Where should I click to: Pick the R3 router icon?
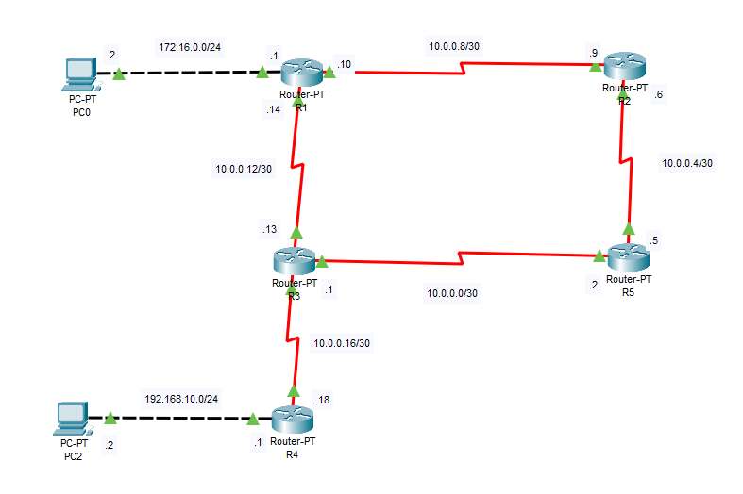(295, 260)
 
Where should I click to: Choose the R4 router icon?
(292, 419)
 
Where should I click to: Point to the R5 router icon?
(627, 255)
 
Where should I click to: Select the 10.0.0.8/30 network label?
(460, 44)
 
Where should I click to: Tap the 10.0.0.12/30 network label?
(244, 170)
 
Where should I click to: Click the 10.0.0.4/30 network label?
(686, 163)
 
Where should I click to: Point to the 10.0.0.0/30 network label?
(453, 293)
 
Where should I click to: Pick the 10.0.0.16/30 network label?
(342, 344)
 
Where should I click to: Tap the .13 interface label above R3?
(269, 228)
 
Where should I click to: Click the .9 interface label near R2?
(593, 53)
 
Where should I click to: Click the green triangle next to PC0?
(118, 73)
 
